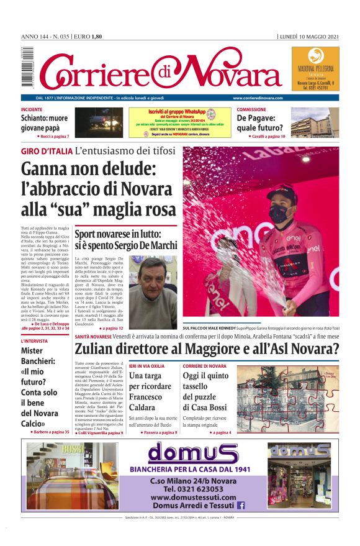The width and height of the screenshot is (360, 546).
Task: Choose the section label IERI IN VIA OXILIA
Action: (x=147, y=366)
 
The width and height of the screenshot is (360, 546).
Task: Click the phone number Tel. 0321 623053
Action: (x=192, y=488)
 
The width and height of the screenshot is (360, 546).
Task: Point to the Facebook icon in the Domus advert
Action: (x=241, y=506)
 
